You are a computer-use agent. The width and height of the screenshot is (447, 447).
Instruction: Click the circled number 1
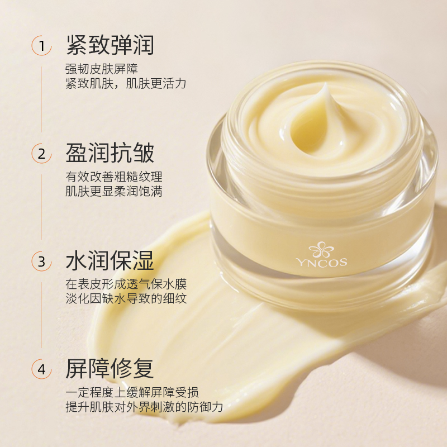click(41, 46)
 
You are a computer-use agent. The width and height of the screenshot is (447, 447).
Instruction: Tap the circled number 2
click(41, 154)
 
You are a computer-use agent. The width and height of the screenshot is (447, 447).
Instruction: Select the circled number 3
click(41, 261)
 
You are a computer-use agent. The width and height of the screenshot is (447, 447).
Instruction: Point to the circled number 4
click(41, 369)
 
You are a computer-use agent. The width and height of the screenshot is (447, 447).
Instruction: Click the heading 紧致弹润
click(110, 45)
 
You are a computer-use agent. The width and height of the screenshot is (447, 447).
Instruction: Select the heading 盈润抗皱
click(110, 153)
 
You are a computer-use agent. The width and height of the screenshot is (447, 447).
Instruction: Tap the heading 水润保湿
click(110, 261)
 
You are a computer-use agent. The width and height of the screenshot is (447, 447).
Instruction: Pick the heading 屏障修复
click(110, 369)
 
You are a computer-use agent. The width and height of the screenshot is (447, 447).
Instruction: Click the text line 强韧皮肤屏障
click(102, 69)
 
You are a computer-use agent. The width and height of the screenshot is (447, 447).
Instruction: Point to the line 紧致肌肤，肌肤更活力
click(126, 83)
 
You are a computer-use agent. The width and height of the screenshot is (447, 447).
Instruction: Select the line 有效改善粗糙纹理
click(114, 177)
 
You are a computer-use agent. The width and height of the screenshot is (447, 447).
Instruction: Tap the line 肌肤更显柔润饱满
click(114, 191)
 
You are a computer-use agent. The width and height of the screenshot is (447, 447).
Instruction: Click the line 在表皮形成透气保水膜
click(126, 284)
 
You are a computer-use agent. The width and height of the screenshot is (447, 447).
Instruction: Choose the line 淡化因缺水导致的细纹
click(126, 299)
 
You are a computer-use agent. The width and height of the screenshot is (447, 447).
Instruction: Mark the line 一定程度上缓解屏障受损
click(132, 393)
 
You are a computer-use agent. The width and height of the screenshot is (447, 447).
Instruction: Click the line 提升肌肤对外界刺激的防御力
click(144, 407)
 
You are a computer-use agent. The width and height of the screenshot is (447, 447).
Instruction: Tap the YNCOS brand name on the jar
click(322, 262)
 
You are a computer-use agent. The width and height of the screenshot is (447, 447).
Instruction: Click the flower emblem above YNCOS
click(321, 249)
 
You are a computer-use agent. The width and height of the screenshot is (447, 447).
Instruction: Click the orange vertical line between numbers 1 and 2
click(41, 99)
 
